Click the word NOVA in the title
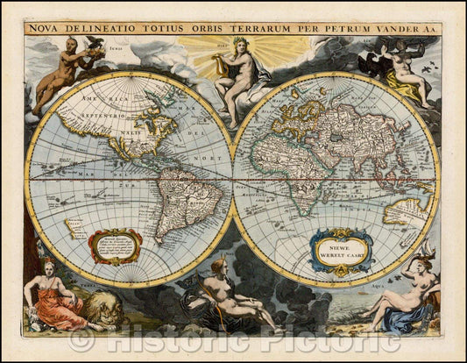click(x=45, y=27)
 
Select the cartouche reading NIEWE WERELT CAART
click(x=341, y=249)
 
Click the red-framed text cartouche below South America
click(x=117, y=246)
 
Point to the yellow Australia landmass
click(x=407, y=210)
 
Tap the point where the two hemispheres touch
click(x=234, y=180)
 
